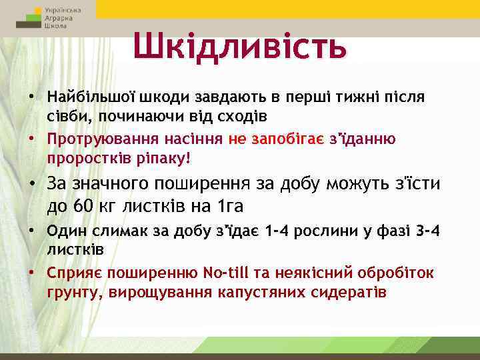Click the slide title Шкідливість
tap(239, 46)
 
